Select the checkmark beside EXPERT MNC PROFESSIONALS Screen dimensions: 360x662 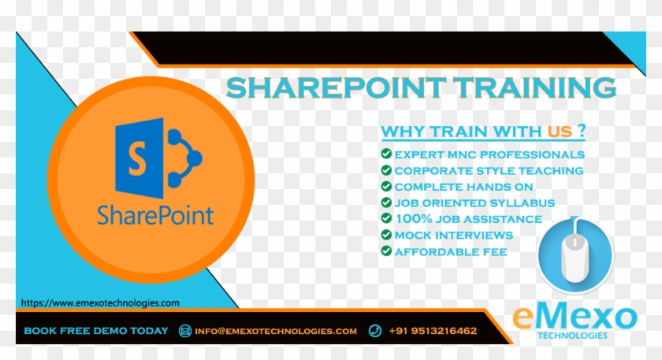pos(386,154)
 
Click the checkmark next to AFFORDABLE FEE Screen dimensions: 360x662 pos(386,251)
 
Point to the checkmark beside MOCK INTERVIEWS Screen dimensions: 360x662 pos(386,235)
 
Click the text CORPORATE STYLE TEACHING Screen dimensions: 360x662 pos(489,170)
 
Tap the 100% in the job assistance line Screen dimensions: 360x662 pos(411,219)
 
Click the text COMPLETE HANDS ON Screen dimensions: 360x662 pos(463,187)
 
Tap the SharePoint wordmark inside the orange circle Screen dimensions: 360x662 pos(155,213)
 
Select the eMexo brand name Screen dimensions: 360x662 pos(575,317)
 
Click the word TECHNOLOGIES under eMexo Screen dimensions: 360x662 pos(574,335)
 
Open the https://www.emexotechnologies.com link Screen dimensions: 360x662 pos(100,302)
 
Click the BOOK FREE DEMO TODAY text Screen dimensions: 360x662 pos(96,331)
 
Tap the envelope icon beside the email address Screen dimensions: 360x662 pos(185,331)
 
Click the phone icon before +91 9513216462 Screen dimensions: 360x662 pos(375,331)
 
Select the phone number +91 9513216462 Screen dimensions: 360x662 pos(433,331)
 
